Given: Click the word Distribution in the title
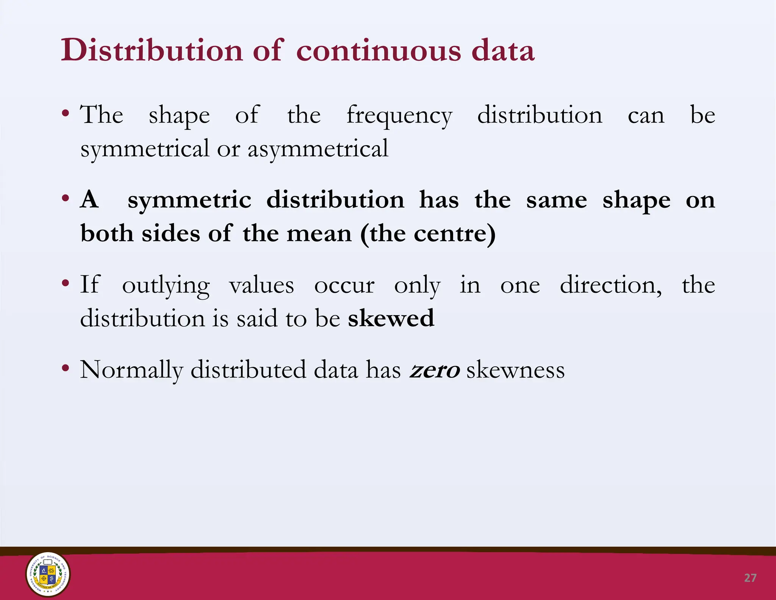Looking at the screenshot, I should tap(152, 50).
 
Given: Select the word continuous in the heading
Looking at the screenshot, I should tap(379, 51).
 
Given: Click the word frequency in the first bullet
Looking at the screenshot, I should tap(399, 115).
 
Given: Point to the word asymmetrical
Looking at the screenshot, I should tap(318, 149).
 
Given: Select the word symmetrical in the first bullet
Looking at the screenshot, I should tap(145, 149).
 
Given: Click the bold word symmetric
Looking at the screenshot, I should tap(189, 200).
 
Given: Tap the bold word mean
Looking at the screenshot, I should tap(319, 234).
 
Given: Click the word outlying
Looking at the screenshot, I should tap(166, 286).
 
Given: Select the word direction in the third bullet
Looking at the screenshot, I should tap(611, 285).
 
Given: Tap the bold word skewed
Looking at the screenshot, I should tap(391, 318).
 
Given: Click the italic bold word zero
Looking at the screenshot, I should tap(435, 370).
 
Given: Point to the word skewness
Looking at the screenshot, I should tap(515, 370).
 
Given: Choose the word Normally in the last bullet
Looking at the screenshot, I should tap(131, 370).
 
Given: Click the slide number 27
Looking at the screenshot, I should tap(750, 578).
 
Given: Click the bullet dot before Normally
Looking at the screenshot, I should tap(66, 368).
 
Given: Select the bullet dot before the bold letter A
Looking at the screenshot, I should tap(66, 198).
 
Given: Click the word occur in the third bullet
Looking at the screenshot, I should tap(344, 285).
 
